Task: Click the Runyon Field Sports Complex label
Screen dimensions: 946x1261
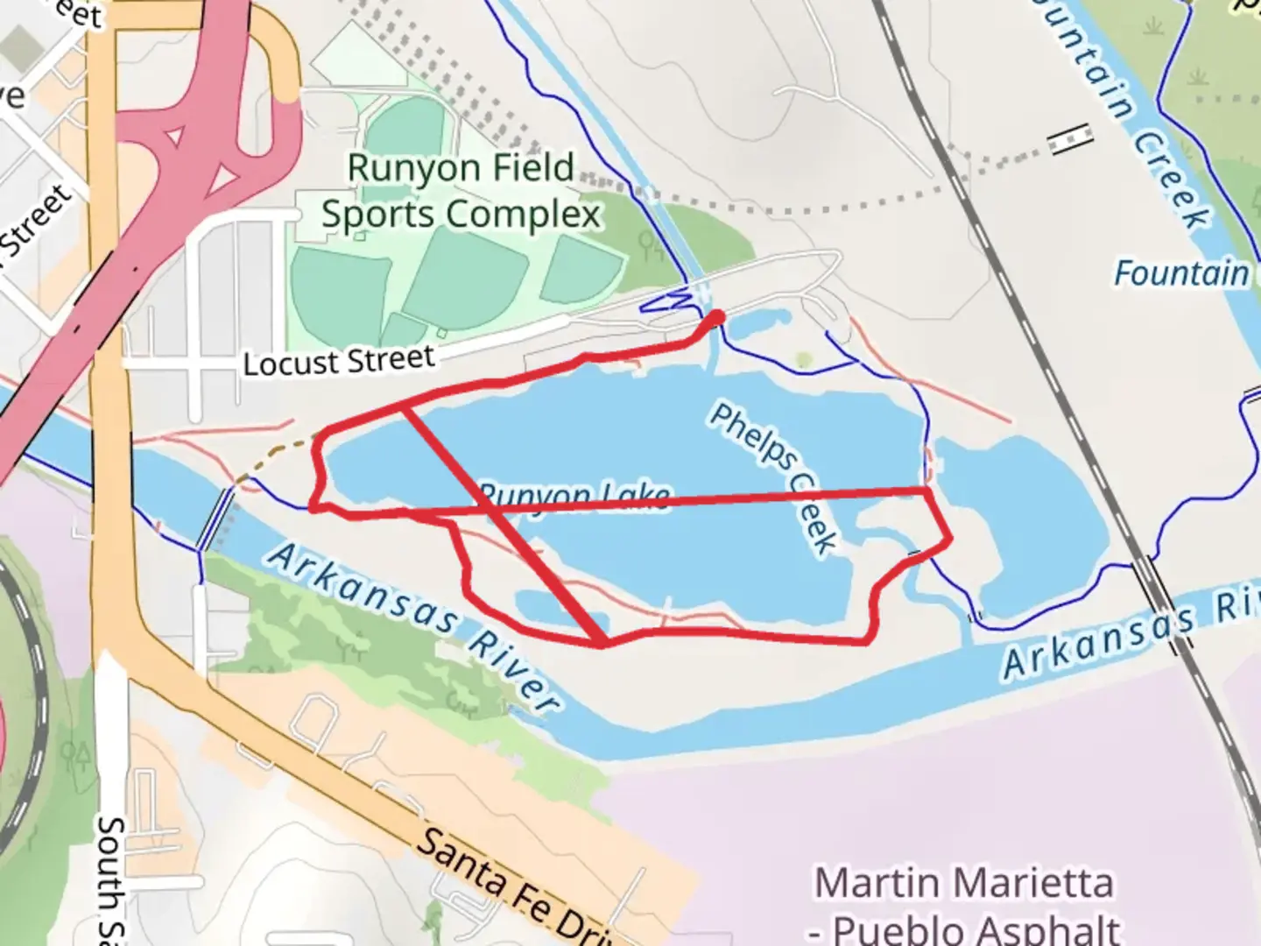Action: (x=461, y=191)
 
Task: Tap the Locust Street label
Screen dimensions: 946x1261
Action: (x=338, y=361)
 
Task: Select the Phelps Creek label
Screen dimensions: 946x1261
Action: (x=772, y=478)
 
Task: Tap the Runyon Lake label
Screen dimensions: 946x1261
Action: (x=574, y=496)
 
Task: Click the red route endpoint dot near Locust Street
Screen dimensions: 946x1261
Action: (x=717, y=317)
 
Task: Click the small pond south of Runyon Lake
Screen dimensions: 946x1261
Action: (x=550, y=608)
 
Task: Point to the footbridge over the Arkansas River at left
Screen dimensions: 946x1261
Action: (x=215, y=519)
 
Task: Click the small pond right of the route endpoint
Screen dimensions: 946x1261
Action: (x=758, y=325)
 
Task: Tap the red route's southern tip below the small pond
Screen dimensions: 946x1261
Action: (x=604, y=645)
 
